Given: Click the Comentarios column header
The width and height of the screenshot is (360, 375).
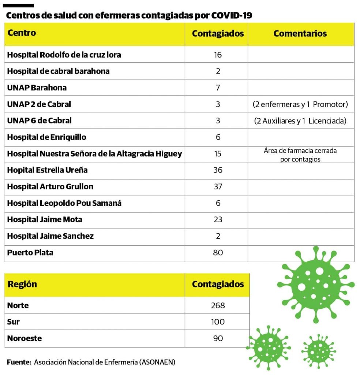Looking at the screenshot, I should click(x=300, y=34).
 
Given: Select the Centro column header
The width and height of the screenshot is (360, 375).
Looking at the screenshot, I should click(x=22, y=33).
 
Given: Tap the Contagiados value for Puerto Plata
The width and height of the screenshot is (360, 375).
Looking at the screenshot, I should click(x=218, y=253).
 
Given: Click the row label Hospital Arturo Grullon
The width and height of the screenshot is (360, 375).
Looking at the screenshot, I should click(x=50, y=187).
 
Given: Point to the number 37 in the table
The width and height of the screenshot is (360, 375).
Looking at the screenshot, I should click(x=218, y=187).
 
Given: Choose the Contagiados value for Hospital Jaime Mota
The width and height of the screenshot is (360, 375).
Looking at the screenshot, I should click(x=218, y=220).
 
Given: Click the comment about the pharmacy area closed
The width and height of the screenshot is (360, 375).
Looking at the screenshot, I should click(x=300, y=155).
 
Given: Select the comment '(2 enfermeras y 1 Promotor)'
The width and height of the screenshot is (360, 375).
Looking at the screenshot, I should click(x=300, y=104).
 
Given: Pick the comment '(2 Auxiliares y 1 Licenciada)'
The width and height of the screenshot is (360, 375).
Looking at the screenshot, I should click(x=300, y=121).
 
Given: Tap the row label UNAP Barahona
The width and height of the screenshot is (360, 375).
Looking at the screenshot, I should click(x=37, y=88).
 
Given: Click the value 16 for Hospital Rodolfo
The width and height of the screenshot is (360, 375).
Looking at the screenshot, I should click(x=218, y=55).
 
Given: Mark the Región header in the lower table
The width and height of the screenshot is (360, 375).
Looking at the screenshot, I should click(x=22, y=284).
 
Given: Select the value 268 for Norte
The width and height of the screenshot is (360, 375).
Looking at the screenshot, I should click(x=218, y=305).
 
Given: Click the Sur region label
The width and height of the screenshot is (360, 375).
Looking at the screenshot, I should click(x=14, y=322).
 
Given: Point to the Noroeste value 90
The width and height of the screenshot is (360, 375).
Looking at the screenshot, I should click(x=218, y=338).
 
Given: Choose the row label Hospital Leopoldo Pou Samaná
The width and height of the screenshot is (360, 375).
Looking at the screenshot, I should click(x=64, y=203).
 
